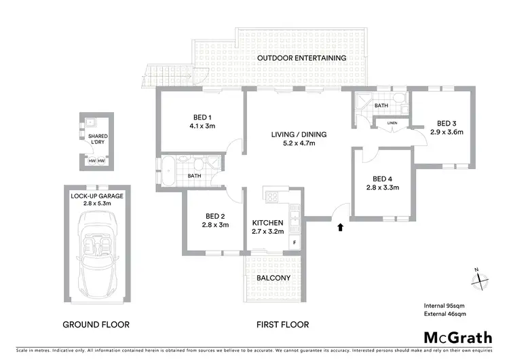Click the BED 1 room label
[x=202, y=115]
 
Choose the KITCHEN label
[x=267, y=223]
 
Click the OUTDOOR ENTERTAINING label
[x=301, y=58]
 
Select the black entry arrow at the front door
[x=339, y=228]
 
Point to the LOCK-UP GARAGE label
[x=97, y=196]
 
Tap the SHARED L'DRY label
[x=98, y=140]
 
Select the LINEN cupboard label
[x=392, y=123]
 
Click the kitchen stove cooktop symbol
[x=272, y=197]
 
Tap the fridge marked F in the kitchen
[x=295, y=242]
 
